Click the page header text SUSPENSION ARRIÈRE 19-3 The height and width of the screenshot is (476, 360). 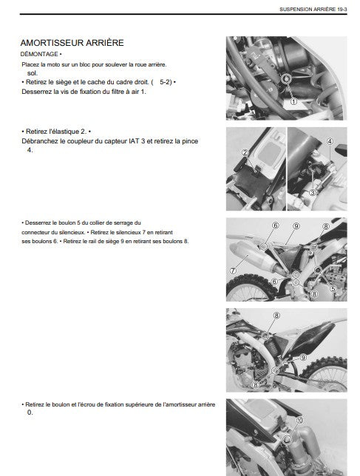tap(313, 10)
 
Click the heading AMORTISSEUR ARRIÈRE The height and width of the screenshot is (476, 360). tap(72, 43)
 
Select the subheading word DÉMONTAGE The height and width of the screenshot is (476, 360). tap(39, 54)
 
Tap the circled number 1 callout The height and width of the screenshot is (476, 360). tap(293, 102)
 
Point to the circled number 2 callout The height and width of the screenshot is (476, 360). tap(245, 153)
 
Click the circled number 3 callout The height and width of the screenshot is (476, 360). tap(313, 192)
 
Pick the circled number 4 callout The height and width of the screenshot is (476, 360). tap(330, 141)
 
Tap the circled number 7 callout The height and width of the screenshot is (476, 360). tap(233, 271)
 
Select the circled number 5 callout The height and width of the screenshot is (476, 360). tap(333, 289)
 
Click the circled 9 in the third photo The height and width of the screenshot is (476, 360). tap(296, 226)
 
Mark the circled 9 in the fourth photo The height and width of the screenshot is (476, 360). tap(303, 358)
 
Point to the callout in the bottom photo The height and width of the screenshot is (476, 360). tap(299, 420)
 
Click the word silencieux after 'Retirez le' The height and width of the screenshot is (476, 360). tap(128, 232)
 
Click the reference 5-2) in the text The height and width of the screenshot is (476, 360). tap(166, 82)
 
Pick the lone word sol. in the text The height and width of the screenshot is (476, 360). tap(33, 73)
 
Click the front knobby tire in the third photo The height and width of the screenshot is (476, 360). tap(248, 288)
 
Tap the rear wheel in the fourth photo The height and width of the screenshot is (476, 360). tap(325, 374)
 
